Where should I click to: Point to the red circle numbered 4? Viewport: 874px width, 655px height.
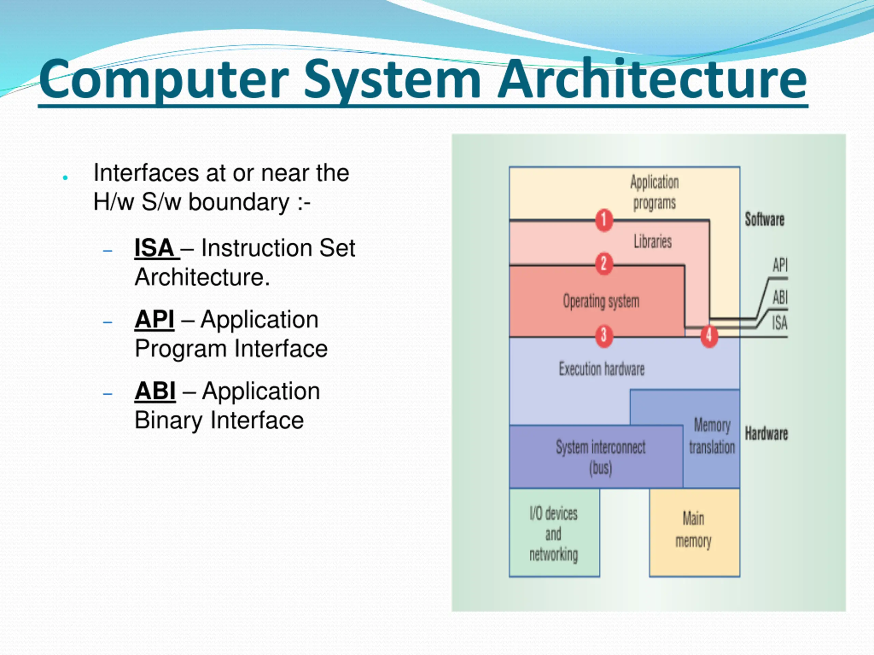(x=709, y=336)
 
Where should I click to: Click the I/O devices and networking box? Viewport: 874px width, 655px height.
(x=554, y=533)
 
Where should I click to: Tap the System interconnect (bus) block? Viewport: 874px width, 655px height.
(x=596, y=456)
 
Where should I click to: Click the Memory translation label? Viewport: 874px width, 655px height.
(x=712, y=436)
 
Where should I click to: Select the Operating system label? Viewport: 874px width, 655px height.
(x=601, y=301)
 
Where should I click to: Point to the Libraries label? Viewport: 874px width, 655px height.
(x=653, y=241)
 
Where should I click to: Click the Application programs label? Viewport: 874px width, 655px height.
(x=654, y=193)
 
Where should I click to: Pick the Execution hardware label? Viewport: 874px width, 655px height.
(x=601, y=369)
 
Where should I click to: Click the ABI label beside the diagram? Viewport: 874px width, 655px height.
(x=780, y=297)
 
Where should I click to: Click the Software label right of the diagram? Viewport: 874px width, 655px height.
(x=764, y=219)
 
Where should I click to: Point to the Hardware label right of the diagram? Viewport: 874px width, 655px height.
(x=766, y=434)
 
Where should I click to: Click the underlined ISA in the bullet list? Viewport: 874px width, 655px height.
(x=154, y=248)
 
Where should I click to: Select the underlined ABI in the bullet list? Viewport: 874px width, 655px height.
(x=155, y=391)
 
